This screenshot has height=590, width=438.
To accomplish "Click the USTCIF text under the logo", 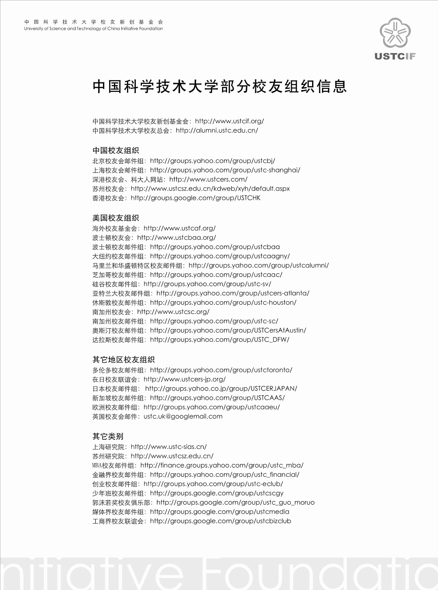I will [395, 56].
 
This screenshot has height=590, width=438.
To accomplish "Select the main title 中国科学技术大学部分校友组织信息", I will [219, 87].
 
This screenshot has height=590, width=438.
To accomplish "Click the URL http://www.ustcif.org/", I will [229, 121].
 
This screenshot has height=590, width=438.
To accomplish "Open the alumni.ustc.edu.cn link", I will [217, 130].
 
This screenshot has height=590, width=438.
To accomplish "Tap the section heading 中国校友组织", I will [116, 150].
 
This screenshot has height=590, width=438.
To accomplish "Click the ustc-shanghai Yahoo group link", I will [225, 170].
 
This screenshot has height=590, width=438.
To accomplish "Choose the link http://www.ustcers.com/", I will [208, 179].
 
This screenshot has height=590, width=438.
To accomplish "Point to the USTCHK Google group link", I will [195, 198].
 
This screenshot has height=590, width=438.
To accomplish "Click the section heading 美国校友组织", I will [116, 218].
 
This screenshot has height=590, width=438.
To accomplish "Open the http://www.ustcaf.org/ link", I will [179, 228].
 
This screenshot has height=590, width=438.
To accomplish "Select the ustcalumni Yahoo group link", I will [258, 265].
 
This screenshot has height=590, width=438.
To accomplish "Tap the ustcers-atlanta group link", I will [233, 293].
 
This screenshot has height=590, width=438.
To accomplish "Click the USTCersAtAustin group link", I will [228, 330].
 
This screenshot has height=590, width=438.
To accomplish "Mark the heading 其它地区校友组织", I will [123, 360].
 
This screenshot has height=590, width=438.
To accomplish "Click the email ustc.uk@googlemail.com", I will [183, 416].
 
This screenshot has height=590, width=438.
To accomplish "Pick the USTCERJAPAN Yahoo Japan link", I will [221, 389].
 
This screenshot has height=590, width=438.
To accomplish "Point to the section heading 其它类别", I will [108, 436].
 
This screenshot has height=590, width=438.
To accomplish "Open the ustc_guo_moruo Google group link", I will [235, 503].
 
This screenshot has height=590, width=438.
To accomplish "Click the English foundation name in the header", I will [93, 29].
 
